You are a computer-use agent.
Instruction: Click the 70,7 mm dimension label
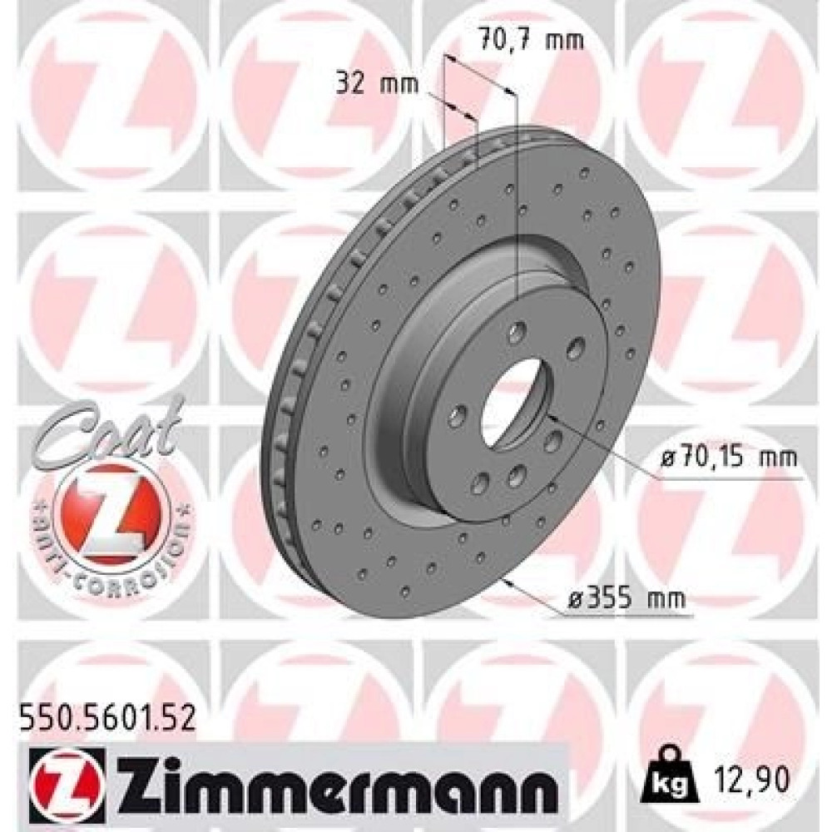pos(531,41)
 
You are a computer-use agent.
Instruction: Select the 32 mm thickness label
pos(377,84)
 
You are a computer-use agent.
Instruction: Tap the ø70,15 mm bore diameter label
pos(729,457)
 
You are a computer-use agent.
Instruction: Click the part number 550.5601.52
pos(106,721)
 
